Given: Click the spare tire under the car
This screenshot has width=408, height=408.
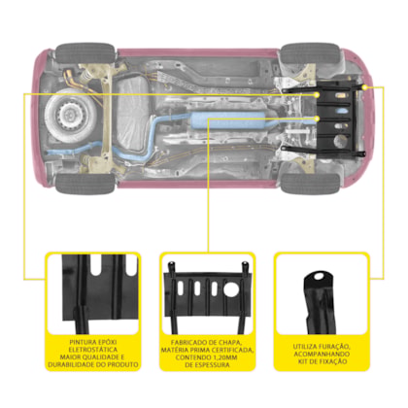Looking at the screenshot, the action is (69, 115).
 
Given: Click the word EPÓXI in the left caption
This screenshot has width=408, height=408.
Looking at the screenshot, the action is (107, 342).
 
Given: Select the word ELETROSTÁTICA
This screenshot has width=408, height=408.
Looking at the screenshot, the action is (93, 350).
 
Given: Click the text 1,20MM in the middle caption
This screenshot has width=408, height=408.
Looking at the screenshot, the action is (223, 357).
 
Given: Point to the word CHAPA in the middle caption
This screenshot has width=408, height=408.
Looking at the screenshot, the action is (230, 342).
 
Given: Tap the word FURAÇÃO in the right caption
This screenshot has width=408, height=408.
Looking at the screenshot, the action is (334, 347).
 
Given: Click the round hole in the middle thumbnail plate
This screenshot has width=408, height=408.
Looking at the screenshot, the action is (231, 289).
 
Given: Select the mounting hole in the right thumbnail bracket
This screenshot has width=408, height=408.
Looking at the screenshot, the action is (319, 277).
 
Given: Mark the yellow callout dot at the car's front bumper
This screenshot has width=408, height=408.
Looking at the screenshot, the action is (364, 87).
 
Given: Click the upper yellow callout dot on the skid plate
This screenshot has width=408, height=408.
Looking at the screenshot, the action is (317, 95).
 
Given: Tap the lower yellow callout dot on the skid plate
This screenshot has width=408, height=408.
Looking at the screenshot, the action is (318, 119).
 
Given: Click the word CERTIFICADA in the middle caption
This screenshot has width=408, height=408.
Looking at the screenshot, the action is (232, 350).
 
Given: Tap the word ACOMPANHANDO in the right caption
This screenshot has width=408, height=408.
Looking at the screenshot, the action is (322, 354).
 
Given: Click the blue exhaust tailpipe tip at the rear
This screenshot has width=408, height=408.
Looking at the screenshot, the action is (50, 153).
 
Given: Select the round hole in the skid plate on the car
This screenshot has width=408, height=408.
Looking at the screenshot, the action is (339, 141).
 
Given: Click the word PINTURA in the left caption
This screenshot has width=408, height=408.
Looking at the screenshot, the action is (83, 342).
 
